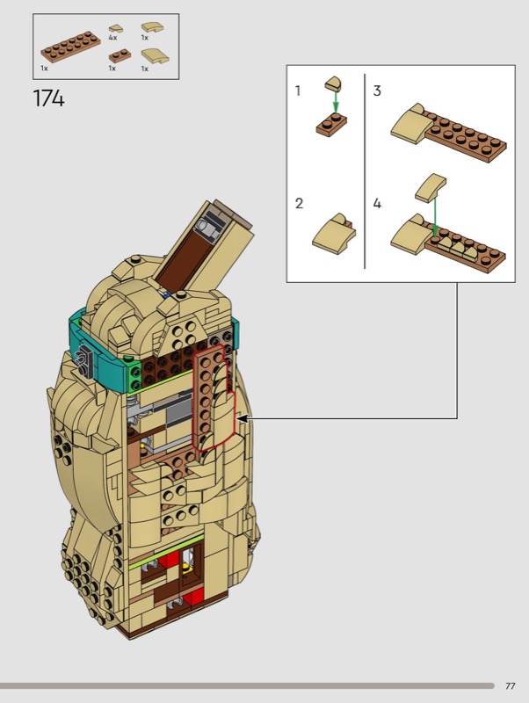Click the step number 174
pyautogui.click(x=49, y=98)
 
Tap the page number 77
pyautogui.click(x=511, y=686)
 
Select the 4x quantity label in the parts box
pyautogui.click(x=112, y=38)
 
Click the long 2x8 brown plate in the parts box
pyautogui.click(x=71, y=47)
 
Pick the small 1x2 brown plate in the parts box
pyautogui.click(x=120, y=56)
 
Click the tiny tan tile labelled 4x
pyautogui.click(x=116, y=28)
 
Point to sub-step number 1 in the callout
pyautogui.click(x=298, y=91)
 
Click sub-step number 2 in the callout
pyautogui.click(x=299, y=203)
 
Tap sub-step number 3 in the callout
pyautogui.click(x=377, y=91)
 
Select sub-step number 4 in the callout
pyautogui.click(x=378, y=203)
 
